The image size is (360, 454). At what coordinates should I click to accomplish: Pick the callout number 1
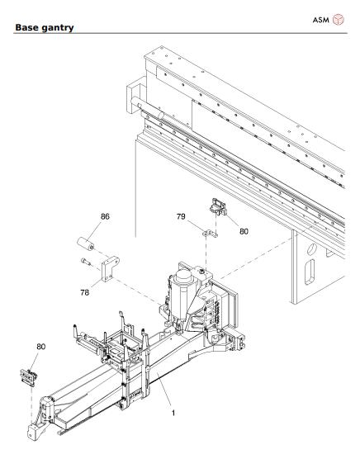(x=173, y=412)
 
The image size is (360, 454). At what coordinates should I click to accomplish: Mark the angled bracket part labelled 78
(x=107, y=271)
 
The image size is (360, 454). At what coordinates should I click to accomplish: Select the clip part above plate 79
(x=217, y=205)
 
